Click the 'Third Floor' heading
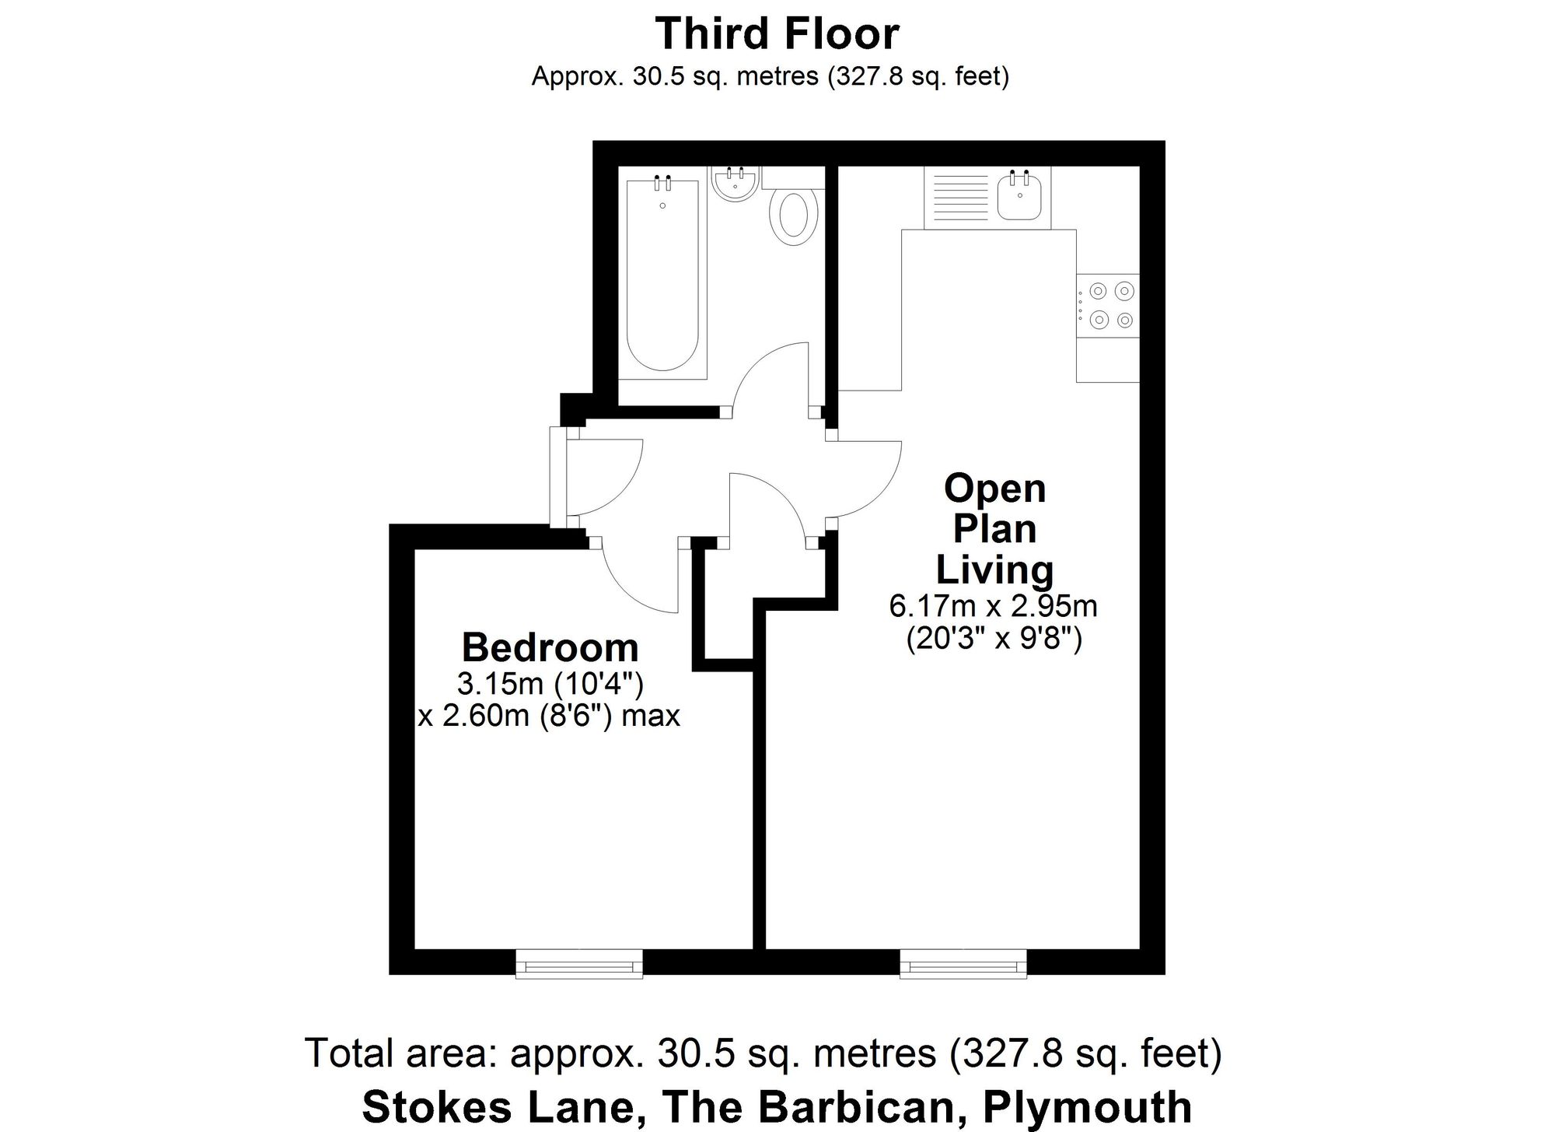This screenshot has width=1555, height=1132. tap(777, 33)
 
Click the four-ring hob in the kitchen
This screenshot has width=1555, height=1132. tap(1108, 305)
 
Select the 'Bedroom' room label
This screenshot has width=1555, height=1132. tap(550, 647)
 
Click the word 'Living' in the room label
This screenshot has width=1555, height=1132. tap(994, 570)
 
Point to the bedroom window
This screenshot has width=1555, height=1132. tap(579, 963)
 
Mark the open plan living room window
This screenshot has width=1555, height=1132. tap(963, 963)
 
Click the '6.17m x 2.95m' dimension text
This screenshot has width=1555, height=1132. tap(993, 606)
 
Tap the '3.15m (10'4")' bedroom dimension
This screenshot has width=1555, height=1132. tap(550, 684)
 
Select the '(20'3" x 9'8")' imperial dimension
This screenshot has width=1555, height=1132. tap(994, 640)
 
